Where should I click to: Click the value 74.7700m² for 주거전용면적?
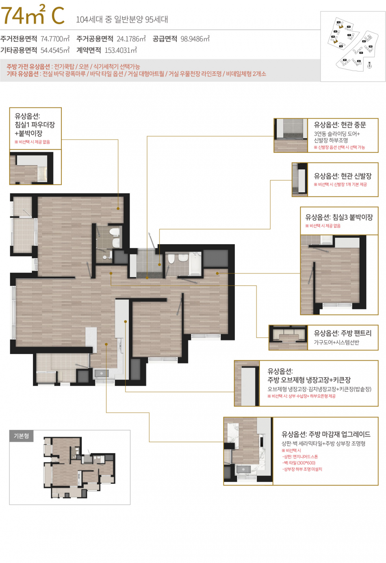(55, 39)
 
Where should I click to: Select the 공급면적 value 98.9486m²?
(195, 39)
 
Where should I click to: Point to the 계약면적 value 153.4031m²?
(121, 50)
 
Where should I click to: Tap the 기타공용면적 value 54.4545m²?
(55, 50)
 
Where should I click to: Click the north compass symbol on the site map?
(369, 65)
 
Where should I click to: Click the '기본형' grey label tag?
(22, 436)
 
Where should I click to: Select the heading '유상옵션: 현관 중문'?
(340, 125)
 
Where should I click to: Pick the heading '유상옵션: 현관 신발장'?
(343, 176)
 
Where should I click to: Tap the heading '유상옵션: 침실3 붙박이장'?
(339, 217)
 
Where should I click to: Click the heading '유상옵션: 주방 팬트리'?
(343, 333)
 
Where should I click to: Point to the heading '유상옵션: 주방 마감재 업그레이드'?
(326, 434)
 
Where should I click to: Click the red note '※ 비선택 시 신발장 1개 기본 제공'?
(340, 185)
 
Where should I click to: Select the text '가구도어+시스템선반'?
(336, 342)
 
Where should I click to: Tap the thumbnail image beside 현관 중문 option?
(291, 135)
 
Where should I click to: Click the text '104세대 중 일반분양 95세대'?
(122, 19)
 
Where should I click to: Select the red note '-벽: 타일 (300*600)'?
(299, 463)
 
